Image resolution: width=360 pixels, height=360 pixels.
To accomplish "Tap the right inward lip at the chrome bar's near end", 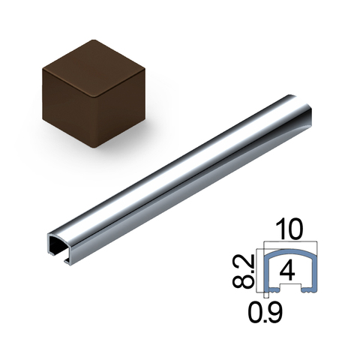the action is (x=67, y=261).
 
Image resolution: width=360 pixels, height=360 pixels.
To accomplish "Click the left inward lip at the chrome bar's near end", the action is (x=52, y=254).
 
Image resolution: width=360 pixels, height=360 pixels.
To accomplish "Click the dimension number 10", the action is (x=289, y=229).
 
